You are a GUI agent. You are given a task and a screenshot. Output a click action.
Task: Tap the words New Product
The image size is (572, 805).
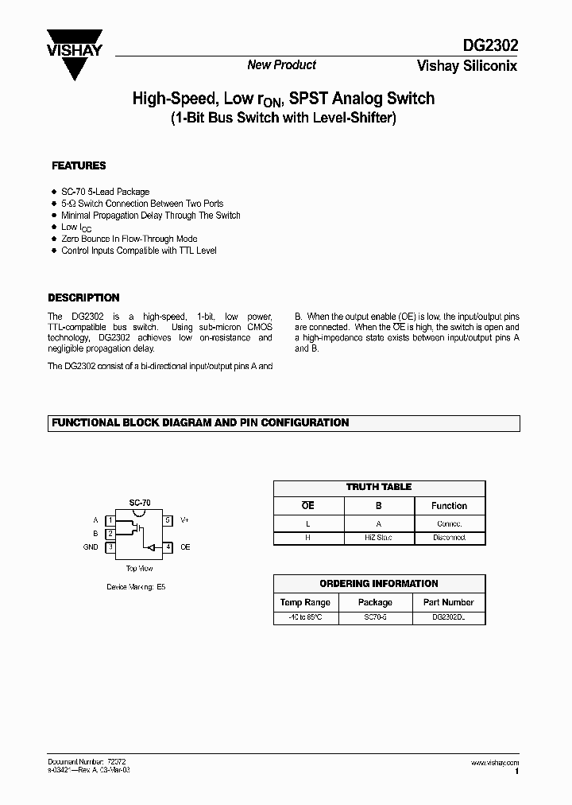[x=281, y=65]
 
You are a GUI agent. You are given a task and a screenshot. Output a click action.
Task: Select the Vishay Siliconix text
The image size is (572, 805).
[x=467, y=66]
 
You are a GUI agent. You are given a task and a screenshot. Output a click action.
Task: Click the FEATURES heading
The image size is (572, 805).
[x=79, y=166]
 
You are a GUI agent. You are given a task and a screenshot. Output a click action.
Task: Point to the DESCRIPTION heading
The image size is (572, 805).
[x=84, y=298]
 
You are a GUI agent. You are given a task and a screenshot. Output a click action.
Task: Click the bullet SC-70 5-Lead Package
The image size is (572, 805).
[x=105, y=192]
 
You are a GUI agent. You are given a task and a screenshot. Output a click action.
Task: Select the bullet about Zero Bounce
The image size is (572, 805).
[x=129, y=239]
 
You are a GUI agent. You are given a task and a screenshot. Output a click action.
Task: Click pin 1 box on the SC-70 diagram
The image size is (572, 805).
[x=110, y=519]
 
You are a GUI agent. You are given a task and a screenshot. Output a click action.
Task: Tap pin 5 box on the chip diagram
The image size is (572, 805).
[x=168, y=519]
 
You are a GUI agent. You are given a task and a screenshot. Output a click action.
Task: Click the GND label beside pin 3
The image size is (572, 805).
[x=91, y=547]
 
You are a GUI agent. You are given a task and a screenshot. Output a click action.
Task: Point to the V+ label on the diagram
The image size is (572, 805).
[x=184, y=519]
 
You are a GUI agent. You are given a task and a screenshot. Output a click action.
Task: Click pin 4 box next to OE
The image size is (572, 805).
[x=168, y=547]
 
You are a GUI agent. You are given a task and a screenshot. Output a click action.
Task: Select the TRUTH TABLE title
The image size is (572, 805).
[x=379, y=487]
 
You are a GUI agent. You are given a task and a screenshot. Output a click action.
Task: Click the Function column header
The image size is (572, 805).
[x=449, y=506]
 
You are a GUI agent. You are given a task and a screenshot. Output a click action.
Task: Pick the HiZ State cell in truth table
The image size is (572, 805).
[x=378, y=539]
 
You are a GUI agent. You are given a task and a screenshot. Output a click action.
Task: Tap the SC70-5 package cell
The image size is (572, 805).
[x=375, y=618]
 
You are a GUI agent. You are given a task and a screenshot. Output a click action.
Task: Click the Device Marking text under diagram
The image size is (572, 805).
[x=136, y=587]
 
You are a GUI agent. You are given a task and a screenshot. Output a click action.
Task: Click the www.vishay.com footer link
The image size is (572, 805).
[x=495, y=763]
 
